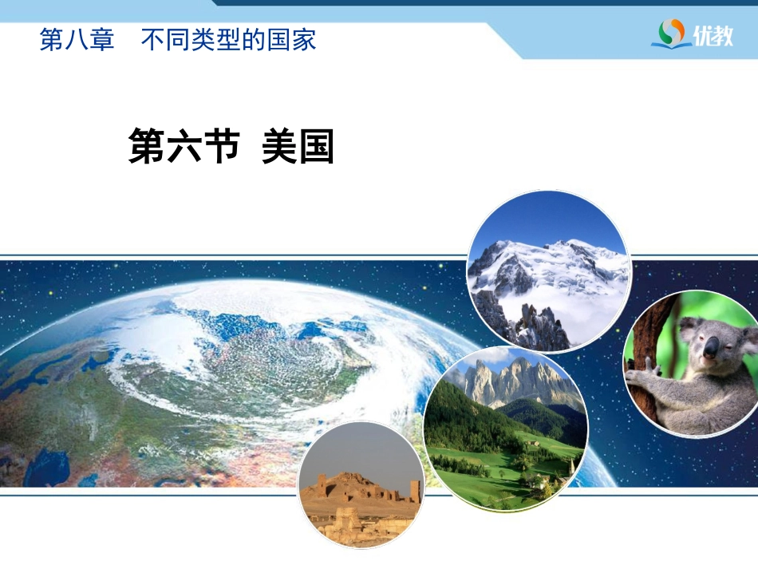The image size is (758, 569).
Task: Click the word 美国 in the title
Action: pos(298,146)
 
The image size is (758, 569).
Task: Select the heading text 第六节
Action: pos(184,146)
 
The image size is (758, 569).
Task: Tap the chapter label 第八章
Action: pos(77,40)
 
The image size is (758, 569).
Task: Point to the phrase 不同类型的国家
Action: pos(229,40)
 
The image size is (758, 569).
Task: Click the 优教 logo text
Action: pos(713,35)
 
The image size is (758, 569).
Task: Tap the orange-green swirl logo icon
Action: pos(672,33)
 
